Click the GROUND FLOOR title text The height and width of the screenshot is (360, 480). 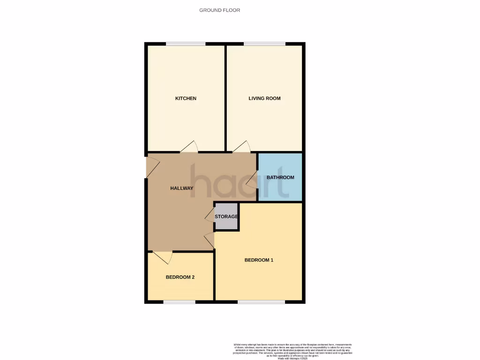click(219, 10)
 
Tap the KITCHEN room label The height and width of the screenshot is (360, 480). click(186, 98)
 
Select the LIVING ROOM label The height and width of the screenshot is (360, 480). click(264, 98)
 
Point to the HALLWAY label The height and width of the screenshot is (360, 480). click(181, 188)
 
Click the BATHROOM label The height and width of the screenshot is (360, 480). click(280, 178)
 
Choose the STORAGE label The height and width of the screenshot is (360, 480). click(226, 217)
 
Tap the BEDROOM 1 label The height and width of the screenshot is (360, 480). click(259, 260)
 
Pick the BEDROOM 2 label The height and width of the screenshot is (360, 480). click(180, 277)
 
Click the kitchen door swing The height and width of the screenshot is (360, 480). click(189, 147)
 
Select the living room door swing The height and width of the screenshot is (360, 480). click(242, 147)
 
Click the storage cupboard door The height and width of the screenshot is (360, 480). click(210, 215)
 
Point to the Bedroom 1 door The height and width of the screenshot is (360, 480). click(210, 240)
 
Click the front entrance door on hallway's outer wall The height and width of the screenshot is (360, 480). click(152, 167)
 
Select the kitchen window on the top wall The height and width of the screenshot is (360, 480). click(186, 45)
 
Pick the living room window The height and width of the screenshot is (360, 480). click(264, 45)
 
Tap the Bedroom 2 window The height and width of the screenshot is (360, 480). click(179, 302)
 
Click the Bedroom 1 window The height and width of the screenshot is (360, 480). click(261, 302)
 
